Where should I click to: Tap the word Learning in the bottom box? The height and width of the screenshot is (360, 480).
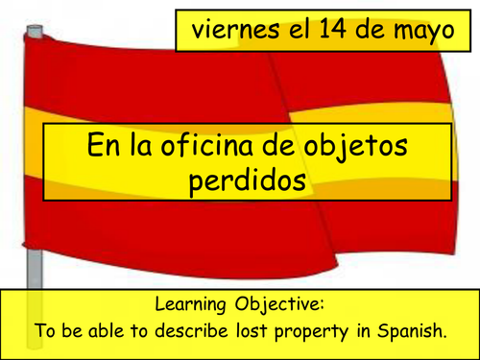(x=190, y=307)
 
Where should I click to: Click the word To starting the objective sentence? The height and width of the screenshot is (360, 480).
(x=46, y=333)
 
